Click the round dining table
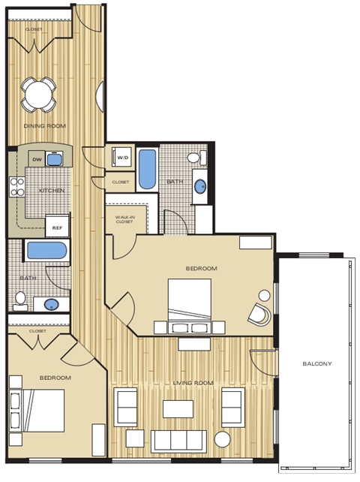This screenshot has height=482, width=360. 38,94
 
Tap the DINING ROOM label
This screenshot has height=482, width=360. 40,126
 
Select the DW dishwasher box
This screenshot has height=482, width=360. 36,159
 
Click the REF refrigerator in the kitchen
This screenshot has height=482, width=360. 56,225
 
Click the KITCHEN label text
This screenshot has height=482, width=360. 52,191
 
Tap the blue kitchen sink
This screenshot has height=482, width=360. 53,159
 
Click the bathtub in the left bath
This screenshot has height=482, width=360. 46,251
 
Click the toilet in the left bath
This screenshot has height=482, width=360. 20,300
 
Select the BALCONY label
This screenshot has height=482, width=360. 316,364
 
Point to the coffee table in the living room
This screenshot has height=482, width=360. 179,408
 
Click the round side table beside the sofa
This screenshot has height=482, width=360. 223,439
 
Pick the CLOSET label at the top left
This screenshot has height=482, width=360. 33,29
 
